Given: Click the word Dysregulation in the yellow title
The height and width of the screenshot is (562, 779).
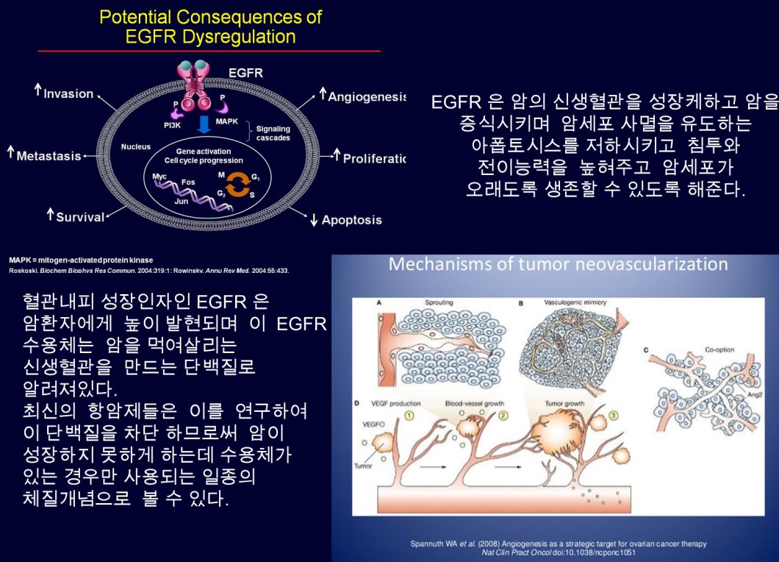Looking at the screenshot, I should (x=237, y=36).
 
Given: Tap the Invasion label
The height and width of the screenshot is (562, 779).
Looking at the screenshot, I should (x=68, y=93).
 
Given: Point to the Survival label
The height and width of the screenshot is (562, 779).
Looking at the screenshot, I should (x=80, y=217).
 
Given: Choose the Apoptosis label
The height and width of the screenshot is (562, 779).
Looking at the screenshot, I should (x=351, y=220).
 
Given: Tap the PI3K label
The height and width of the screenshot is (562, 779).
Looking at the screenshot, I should (x=173, y=126).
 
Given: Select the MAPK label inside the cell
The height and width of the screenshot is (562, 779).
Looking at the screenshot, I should (x=227, y=121).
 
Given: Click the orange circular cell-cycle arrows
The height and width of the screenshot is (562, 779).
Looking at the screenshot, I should (x=237, y=185).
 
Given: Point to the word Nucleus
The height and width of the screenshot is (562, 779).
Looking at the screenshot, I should (x=136, y=146).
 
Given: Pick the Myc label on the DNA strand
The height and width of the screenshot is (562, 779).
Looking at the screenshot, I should (x=159, y=177).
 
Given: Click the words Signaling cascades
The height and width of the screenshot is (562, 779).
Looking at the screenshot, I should (x=273, y=133).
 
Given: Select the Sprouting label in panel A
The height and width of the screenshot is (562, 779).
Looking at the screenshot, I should (x=439, y=302).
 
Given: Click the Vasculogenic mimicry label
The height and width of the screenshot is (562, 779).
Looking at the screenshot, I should (x=573, y=302).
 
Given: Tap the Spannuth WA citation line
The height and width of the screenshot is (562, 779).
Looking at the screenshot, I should (x=558, y=544).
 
